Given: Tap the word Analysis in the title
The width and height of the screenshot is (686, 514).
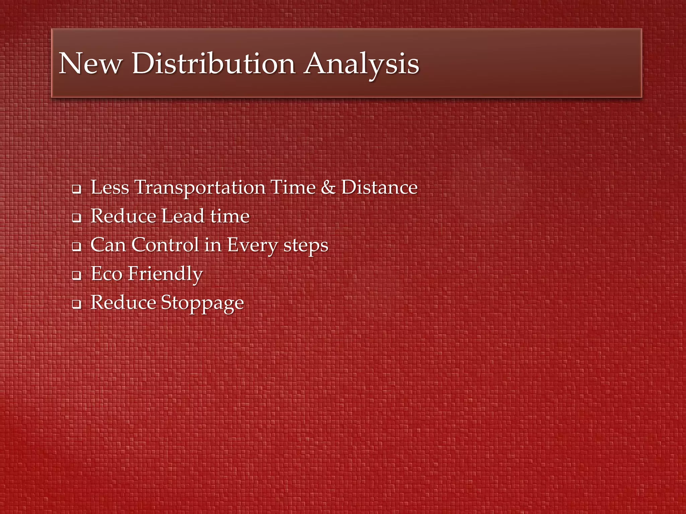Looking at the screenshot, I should (x=362, y=64).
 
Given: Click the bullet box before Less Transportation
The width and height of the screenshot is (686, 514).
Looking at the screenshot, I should (x=77, y=189).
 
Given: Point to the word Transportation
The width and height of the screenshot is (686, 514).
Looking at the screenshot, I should (x=200, y=188).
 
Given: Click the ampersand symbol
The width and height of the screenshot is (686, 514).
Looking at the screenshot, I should (x=328, y=187).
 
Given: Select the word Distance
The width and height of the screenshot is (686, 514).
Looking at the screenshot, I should (x=380, y=187).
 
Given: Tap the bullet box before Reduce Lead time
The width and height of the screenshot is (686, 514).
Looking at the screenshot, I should (x=77, y=218).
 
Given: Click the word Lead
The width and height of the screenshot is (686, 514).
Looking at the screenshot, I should (x=183, y=216).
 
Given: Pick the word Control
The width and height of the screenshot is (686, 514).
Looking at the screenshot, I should (x=165, y=245).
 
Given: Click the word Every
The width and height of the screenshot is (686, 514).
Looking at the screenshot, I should (x=252, y=245).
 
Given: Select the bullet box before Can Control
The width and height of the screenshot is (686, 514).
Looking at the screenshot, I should (x=77, y=247).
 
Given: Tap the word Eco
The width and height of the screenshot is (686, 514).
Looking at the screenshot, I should (x=107, y=273).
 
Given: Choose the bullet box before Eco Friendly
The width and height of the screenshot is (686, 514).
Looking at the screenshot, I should (x=77, y=276).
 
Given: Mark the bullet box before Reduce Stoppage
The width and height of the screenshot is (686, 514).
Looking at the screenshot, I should (x=77, y=305).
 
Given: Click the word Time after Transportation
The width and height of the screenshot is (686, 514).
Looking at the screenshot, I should (x=293, y=187).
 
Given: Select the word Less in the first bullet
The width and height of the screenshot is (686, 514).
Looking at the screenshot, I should (x=110, y=187).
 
